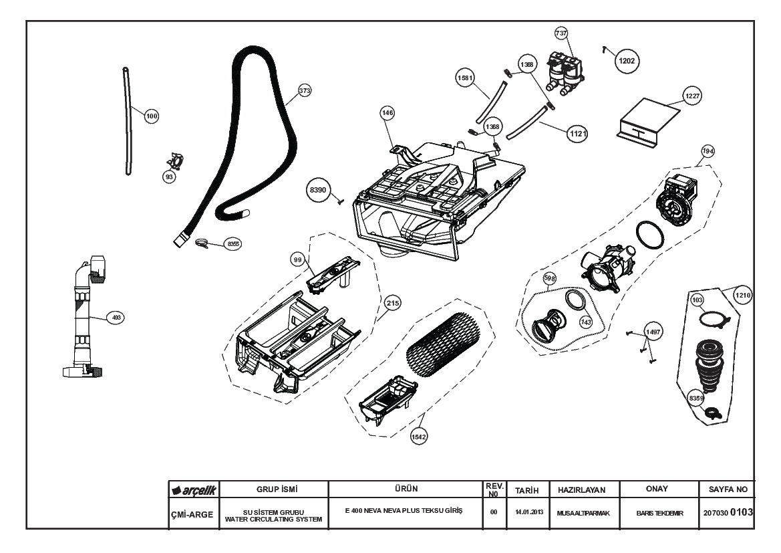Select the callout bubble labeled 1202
[627, 60]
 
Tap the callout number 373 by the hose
[305, 91]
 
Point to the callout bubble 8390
[317, 191]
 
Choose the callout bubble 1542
[419, 436]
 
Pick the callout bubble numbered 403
[117, 318]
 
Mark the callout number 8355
[232, 244]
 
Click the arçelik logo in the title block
[194, 491]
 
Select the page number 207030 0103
[728, 512]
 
